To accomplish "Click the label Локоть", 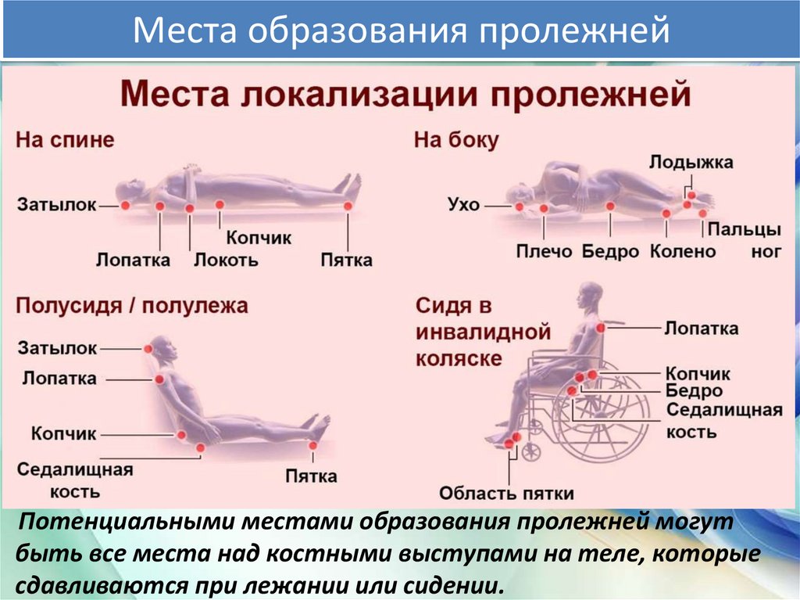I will tap(226, 260).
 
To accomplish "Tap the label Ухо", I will tap(463, 206).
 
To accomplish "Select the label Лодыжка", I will tap(691, 163).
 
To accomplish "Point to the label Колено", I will tap(683, 251).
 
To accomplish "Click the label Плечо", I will tap(544, 251).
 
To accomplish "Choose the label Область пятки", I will tap(506, 494).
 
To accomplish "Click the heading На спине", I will tap(66, 140).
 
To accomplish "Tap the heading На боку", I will tap(456, 140).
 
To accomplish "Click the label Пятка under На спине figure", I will tap(346, 260).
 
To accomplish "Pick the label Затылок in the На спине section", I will tap(57, 205).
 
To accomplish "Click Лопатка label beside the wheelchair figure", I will tap(701, 329).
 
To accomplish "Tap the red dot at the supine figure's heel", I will tap(348, 205).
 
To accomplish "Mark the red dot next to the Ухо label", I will tap(519, 207).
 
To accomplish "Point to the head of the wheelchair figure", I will tap(590, 296).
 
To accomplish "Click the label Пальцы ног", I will tap(745, 241).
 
